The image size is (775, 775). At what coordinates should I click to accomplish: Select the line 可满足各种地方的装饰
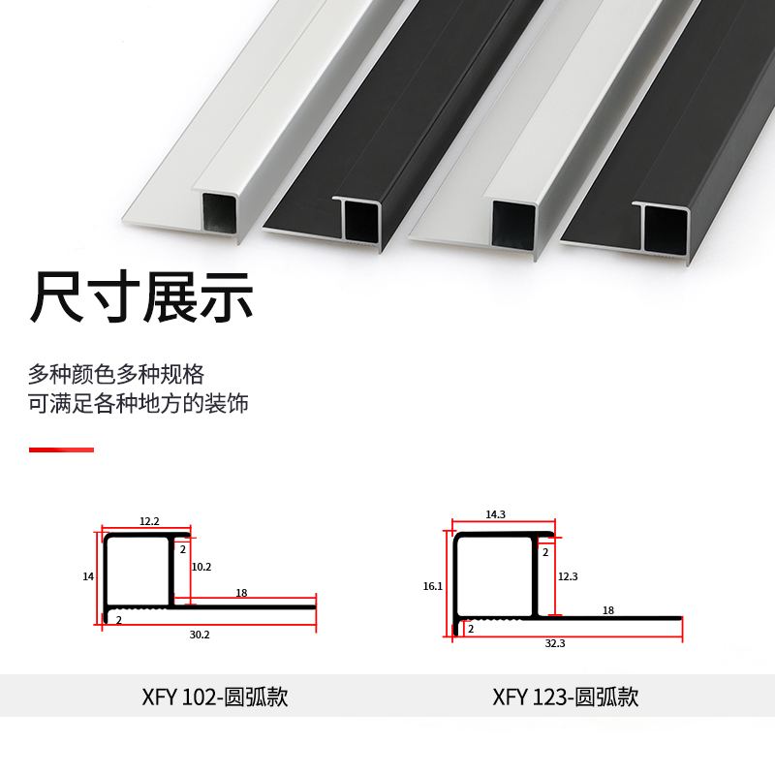point(139,403)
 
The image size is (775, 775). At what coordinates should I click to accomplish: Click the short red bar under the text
point(61,449)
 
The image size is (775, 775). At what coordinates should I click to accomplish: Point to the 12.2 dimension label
point(149,521)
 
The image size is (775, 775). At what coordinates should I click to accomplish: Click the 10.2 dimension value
point(201,567)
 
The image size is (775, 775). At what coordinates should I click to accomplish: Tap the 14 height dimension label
point(88,576)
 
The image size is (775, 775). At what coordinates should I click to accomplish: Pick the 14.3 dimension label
point(495,514)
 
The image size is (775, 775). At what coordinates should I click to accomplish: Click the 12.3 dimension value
point(568,576)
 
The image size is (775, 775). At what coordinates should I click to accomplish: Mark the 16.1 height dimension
point(432,586)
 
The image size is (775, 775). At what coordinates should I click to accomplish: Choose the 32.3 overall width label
point(555,642)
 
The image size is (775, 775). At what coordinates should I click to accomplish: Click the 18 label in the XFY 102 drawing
point(241,593)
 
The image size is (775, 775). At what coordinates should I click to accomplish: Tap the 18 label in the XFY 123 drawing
point(608,610)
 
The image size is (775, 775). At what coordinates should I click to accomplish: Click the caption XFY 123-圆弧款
point(565,697)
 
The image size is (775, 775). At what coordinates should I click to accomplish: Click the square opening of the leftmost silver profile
point(219,212)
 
